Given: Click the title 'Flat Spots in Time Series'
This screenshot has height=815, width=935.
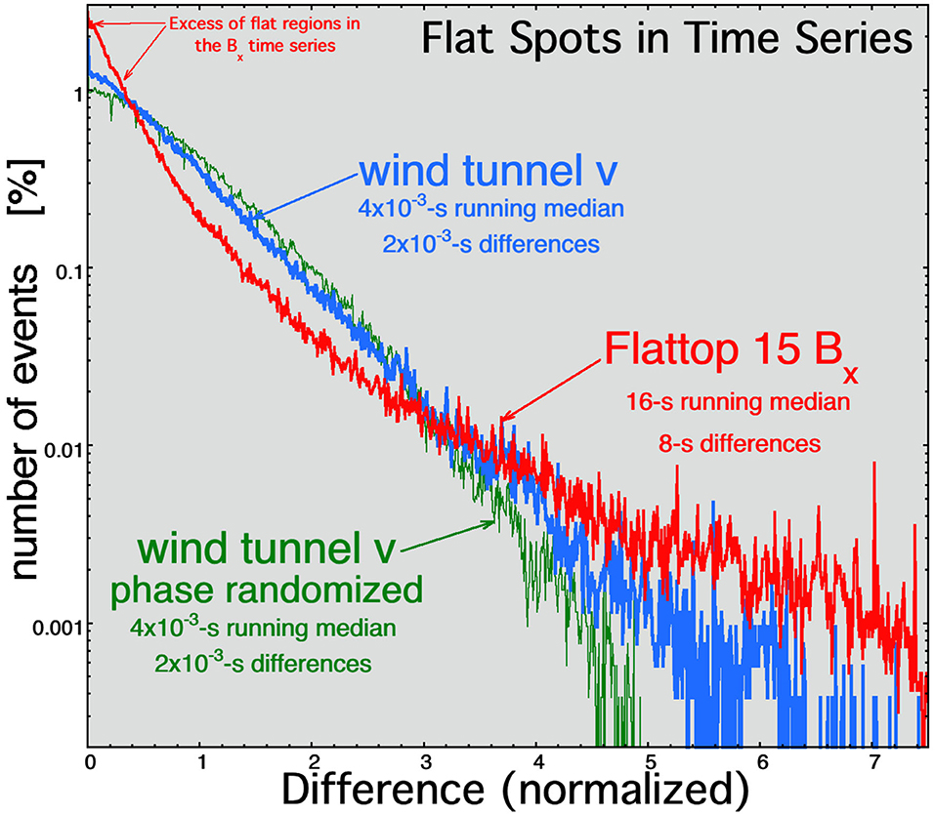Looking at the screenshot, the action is (666, 39).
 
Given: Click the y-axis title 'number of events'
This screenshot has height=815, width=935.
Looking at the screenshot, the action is (25, 422).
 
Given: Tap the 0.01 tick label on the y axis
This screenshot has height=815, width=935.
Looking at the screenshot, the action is (62, 446).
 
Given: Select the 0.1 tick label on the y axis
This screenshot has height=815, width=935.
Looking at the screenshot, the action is (67, 268).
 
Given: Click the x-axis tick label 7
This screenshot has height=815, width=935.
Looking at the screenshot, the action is (873, 762).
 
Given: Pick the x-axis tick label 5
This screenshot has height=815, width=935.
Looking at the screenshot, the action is (650, 762).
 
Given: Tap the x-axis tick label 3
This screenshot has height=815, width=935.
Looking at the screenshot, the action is (425, 762).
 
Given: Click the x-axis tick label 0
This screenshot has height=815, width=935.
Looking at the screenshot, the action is (89, 762).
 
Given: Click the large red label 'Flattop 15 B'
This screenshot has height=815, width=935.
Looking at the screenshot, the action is (724, 349).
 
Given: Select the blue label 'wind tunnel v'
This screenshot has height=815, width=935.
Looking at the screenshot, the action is (489, 171).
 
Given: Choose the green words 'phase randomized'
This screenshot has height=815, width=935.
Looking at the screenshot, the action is (267, 590).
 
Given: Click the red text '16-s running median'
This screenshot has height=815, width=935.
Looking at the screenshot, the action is (739, 402).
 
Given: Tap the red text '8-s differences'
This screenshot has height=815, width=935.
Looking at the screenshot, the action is (740, 443).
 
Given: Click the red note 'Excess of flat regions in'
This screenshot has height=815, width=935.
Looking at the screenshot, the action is (265, 23).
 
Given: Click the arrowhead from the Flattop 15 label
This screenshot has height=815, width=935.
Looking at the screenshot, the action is (502, 420).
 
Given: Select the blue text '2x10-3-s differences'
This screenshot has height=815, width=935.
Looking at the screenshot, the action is (490, 244).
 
